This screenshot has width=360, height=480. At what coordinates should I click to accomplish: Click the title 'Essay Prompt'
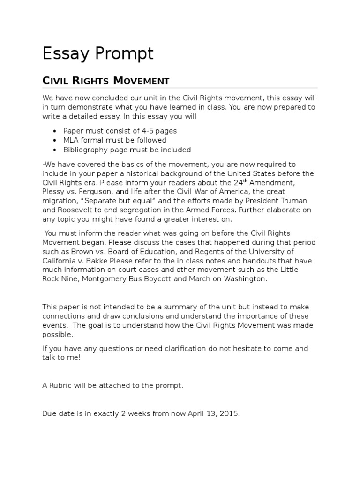tap(98, 53)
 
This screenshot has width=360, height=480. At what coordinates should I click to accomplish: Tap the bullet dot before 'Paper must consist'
tap(55, 131)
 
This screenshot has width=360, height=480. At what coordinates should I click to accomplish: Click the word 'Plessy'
tap(54, 192)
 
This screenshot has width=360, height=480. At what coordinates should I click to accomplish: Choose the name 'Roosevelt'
tap(76, 211)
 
